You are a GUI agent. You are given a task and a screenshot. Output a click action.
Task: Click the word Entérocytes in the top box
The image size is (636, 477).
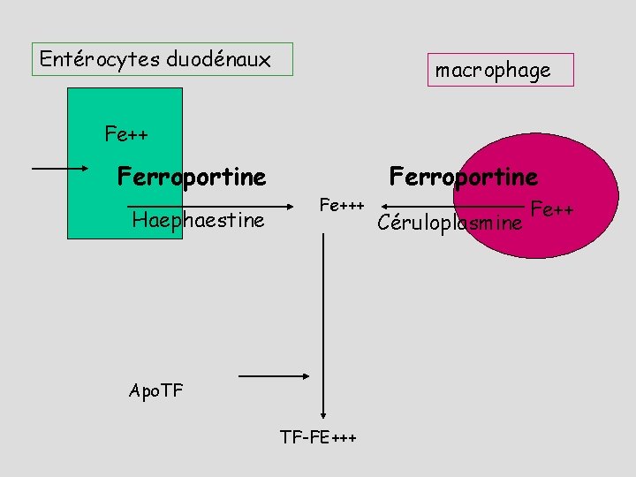pyautogui.click(x=98, y=60)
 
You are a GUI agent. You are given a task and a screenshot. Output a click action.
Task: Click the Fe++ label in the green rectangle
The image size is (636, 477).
pyautogui.click(x=125, y=135)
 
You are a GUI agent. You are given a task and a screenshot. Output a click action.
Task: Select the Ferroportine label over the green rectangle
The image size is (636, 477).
pyautogui.click(x=192, y=178)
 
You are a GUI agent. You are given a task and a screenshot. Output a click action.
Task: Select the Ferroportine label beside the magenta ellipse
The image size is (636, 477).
pyautogui.click(x=464, y=178)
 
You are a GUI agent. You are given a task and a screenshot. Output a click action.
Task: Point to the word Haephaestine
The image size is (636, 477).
pyautogui.click(x=198, y=220)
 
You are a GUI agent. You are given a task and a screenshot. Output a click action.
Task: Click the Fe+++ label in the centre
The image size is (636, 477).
pyautogui.click(x=341, y=206)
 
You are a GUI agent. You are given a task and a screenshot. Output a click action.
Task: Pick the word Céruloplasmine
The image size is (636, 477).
pyautogui.click(x=449, y=223)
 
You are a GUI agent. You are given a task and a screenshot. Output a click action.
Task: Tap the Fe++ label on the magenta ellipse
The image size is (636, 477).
pyautogui.click(x=552, y=210)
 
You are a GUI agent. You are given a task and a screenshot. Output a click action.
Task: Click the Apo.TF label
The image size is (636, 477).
pyautogui.click(x=155, y=390)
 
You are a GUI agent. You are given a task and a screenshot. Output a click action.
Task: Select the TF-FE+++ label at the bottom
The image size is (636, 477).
pyautogui.click(x=318, y=436)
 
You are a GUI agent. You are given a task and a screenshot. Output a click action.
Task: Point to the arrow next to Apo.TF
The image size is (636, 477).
pyautogui.click(x=274, y=377)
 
